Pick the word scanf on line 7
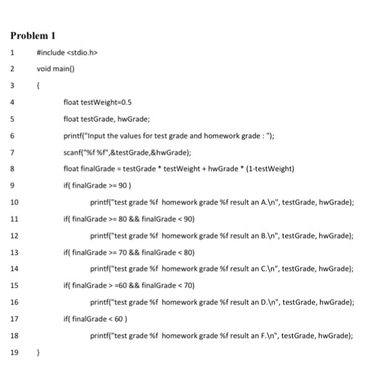[x=72, y=152]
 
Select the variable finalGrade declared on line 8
[x=95, y=168]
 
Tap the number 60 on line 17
[x=112, y=318]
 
